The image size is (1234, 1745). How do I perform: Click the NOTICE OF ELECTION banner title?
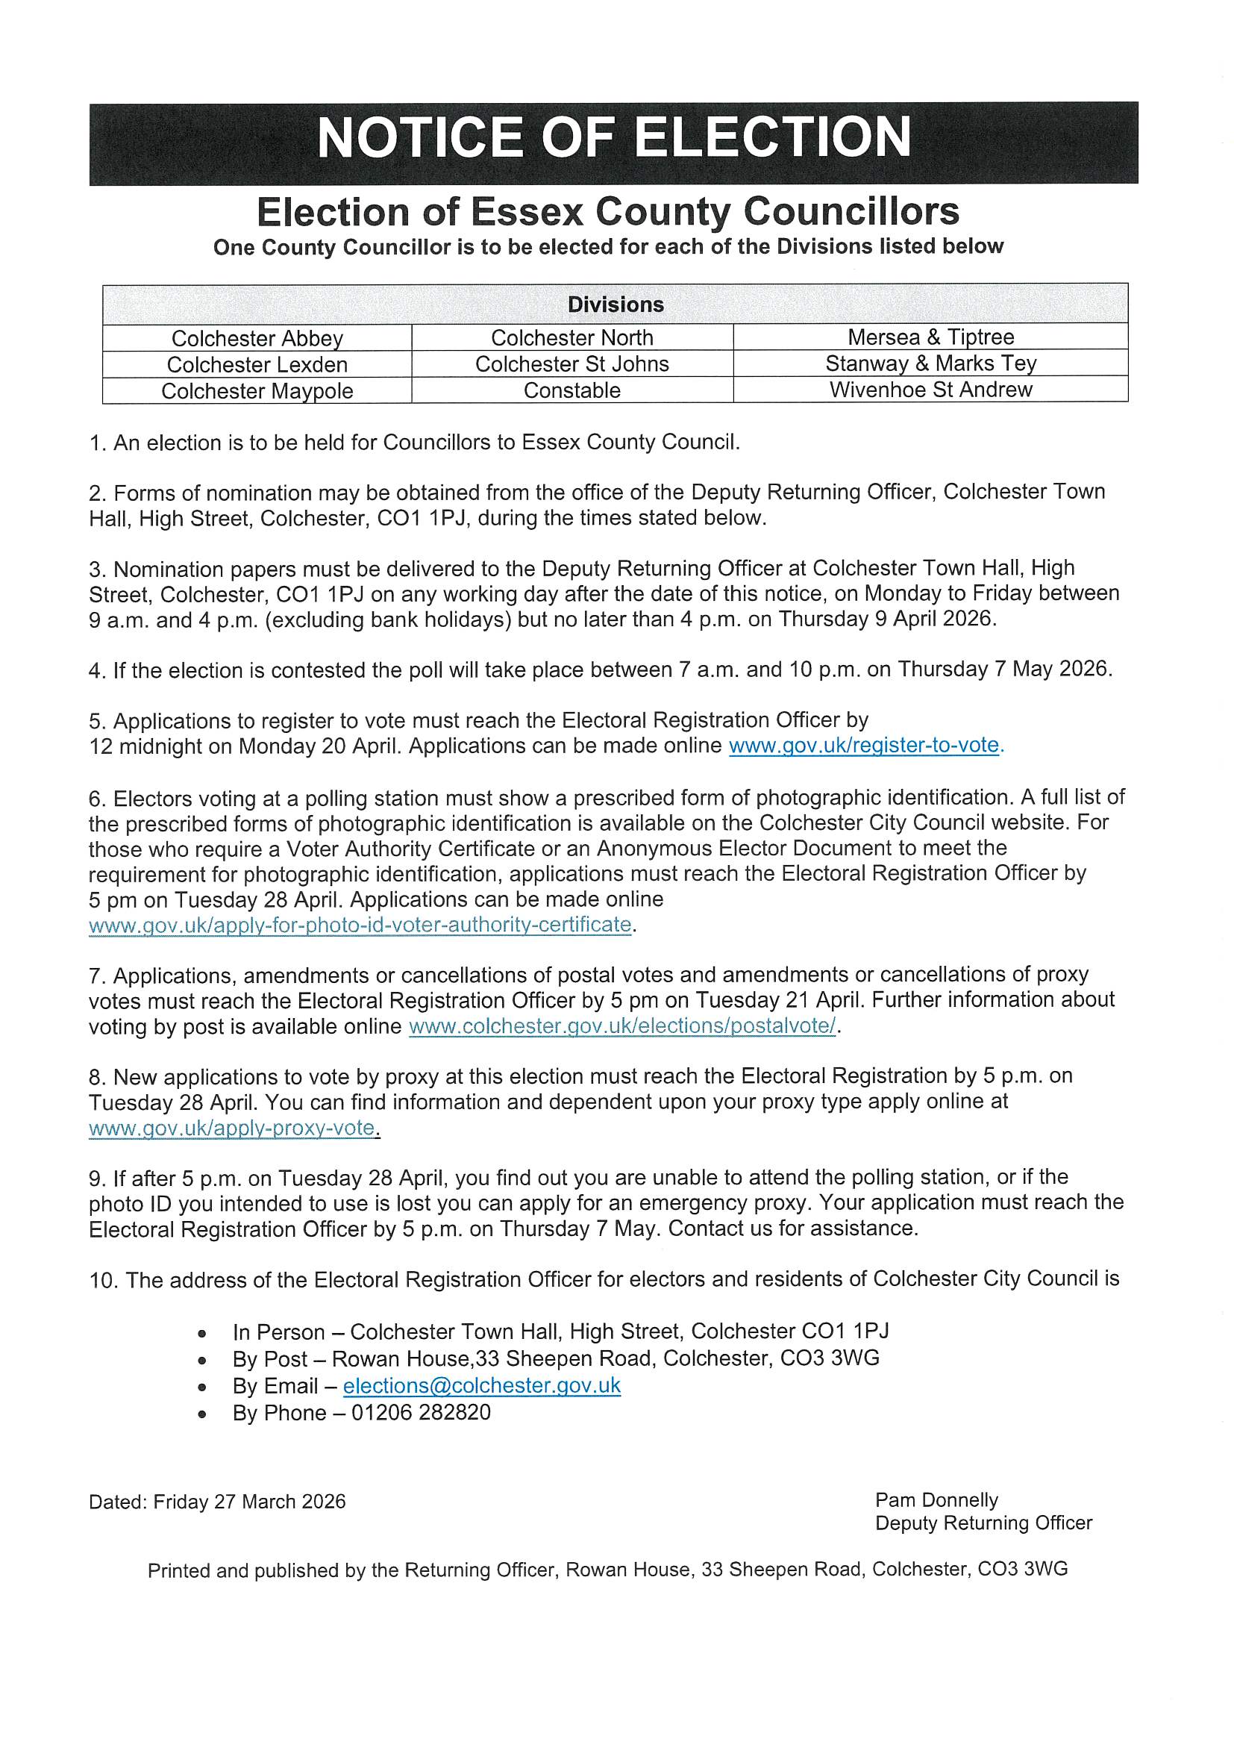pos(614,138)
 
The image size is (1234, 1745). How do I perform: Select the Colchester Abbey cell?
pos(257,338)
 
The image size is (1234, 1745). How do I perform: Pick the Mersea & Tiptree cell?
pos(930,337)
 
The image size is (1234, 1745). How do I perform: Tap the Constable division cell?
pos(571,390)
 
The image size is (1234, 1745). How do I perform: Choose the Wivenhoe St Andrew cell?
pos(930,390)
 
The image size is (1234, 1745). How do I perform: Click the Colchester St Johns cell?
pos(571,364)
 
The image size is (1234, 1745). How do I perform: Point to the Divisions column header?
pos(615,305)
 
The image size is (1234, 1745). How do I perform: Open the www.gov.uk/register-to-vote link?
pos(865,746)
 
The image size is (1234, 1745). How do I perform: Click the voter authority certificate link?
pos(360,925)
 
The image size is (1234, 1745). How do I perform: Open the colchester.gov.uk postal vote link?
pos(621,1026)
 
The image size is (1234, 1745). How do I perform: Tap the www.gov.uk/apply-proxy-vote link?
pos(234,1128)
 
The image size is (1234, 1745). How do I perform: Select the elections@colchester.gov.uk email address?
pos(482,1385)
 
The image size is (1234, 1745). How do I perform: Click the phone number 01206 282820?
pos(420,1413)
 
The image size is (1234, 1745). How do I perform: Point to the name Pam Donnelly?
pos(936,1500)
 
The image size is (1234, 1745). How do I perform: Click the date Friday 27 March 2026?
pos(249,1502)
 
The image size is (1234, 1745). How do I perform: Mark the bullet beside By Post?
pos(201,1360)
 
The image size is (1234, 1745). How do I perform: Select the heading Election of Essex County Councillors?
pos(608,211)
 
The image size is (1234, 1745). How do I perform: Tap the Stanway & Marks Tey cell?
pos(930,363)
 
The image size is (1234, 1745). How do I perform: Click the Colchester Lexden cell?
pos(257,365)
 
